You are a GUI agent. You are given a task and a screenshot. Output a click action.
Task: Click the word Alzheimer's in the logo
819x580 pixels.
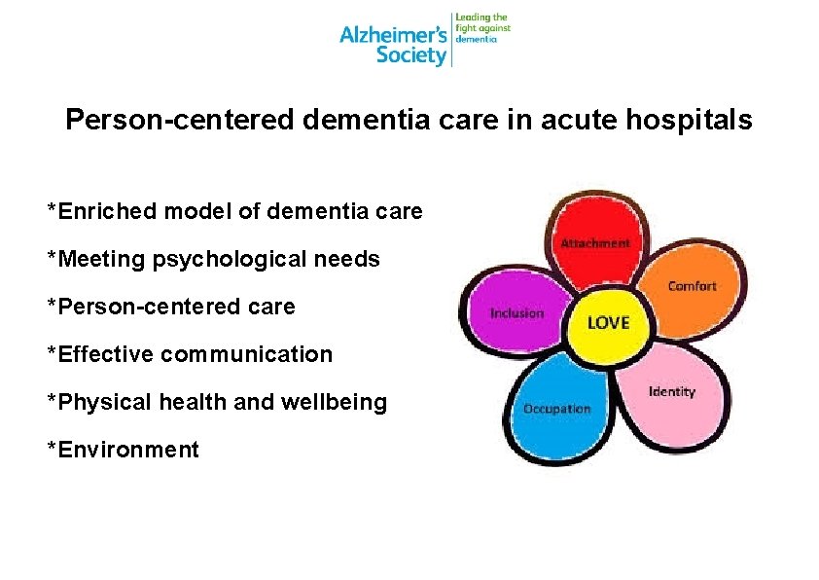393,35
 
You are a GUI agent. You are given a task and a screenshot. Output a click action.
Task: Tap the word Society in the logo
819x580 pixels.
411,54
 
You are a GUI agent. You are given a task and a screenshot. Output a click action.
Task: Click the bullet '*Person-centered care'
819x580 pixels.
171,307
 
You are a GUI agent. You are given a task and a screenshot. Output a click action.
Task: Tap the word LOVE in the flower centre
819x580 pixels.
608,322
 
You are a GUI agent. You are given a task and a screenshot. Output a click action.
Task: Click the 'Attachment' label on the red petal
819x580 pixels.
594,243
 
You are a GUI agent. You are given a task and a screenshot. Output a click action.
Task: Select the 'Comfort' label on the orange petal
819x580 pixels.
692,285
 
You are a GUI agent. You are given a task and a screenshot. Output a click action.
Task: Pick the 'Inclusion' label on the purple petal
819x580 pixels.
516,313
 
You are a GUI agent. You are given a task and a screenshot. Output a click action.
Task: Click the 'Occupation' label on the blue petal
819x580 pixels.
556,409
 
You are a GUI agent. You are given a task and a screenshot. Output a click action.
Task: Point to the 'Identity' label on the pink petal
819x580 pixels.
672,391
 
